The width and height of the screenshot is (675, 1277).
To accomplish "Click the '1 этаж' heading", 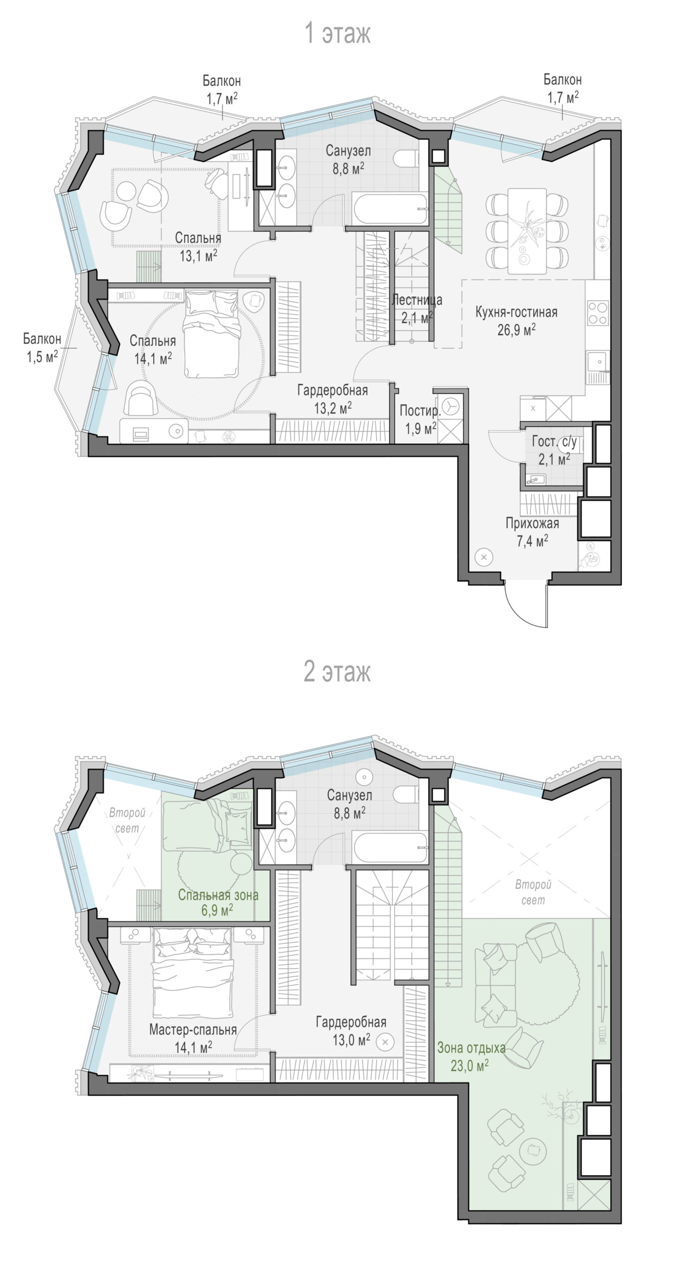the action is (338, 34).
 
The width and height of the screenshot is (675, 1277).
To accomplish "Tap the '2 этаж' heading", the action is (338, 671).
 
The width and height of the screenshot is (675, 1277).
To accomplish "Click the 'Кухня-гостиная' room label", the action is (516, 313).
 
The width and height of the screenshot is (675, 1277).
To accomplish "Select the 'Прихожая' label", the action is (532, 523).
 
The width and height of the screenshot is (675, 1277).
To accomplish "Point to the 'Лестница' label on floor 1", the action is (417, 300).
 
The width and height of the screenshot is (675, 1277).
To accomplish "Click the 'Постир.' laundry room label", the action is (420, 411).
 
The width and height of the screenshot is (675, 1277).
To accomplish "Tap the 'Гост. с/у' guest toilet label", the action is (554, 442).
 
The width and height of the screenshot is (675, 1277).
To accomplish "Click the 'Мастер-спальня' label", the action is (193, 1030).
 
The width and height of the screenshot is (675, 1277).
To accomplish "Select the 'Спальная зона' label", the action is (219, 895).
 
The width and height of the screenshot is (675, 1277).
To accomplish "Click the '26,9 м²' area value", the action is (516, 329).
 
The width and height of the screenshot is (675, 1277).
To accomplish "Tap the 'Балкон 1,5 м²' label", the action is (42, 348).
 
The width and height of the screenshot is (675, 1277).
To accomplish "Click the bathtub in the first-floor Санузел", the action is (390, 209).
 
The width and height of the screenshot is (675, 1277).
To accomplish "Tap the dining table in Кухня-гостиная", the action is (527, 230).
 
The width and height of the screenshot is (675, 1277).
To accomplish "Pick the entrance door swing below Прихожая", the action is (526, 604).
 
